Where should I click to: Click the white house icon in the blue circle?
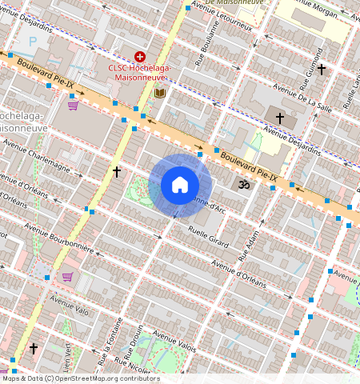point(180,186)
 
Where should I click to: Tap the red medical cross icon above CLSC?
point(140,57)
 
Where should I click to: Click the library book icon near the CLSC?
point(160,94)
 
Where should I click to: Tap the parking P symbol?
point(33,41)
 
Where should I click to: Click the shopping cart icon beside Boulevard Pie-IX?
point(73,105)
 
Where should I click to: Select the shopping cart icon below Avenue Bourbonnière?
point(68,277)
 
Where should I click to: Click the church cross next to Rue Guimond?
point(322,70)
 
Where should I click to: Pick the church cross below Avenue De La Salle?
point(280,118)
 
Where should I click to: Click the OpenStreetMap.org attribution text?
point(100,378)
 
